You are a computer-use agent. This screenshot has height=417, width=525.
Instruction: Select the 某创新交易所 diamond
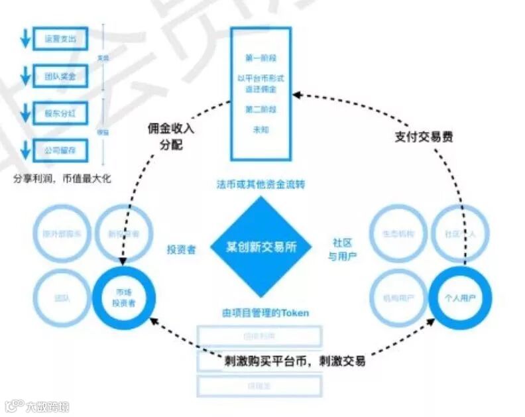(261, 245)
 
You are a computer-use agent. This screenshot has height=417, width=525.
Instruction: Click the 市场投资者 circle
(124, 298)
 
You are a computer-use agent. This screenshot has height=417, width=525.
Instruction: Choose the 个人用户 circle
(460, 298)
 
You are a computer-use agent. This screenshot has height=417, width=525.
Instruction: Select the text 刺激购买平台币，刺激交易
(295, 362)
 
